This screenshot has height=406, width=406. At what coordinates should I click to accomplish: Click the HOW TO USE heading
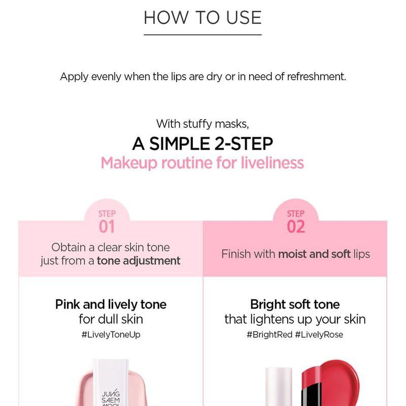pyautogui.click(x=202, y=17)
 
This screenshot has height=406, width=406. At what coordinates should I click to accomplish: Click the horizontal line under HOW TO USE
pyautogui.click(x=202, y=35)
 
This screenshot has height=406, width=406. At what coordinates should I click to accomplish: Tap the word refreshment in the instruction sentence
pyautogui.click(x=316, y=77)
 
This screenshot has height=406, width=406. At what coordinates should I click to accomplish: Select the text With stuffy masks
pyautogui.click(x=202, y=124)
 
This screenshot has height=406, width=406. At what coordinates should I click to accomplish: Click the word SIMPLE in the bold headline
pyautogui.click(x=180, y=144)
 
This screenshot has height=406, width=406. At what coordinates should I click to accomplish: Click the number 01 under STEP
pyautogui.click(x=107, y=226)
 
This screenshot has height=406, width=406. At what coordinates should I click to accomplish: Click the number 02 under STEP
pyautogui.click(x=295, y=226)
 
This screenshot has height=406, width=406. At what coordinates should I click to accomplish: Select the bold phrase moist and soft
pyautogui.click(x=314, y=254)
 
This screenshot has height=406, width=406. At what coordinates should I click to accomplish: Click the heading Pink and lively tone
pyautogui.click(x=111, y=304)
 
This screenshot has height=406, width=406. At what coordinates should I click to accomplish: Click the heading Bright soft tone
pyautogui.click(x=295, y=304)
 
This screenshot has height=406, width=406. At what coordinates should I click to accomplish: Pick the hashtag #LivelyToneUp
pyautogui.click(x=111, y=335)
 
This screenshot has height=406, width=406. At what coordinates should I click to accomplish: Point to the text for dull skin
pyautogui.click(x=111, y=319)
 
